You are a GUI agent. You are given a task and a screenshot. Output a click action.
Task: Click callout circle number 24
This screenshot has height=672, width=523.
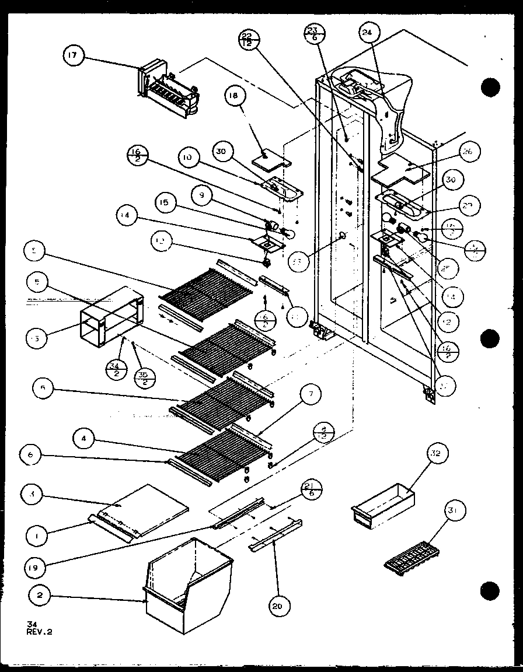point(367,34)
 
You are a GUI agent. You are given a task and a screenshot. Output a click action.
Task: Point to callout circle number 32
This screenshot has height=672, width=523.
point(438,453)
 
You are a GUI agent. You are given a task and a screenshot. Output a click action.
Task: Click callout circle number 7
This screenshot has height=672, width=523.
point(310,395)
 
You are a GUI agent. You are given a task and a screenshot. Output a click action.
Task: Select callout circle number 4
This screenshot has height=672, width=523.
point(85,438)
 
